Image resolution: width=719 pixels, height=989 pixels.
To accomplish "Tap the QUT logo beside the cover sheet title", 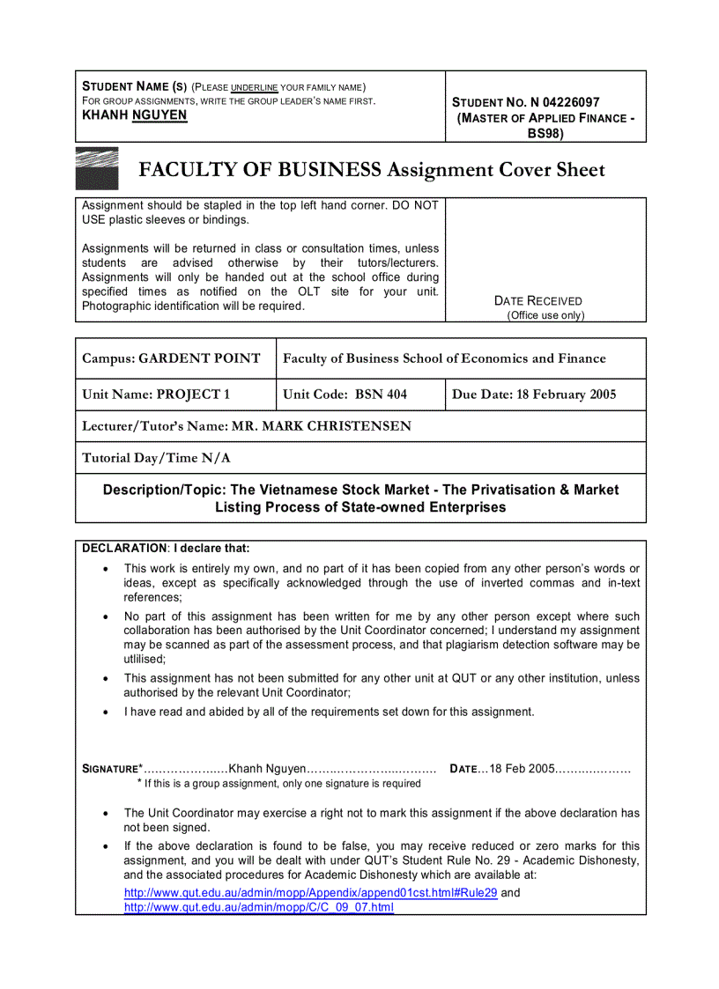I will pos(97,168).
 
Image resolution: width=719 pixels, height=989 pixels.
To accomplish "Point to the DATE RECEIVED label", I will pos(538,300).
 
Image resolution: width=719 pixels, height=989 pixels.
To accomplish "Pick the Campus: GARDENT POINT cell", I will pos(172,358).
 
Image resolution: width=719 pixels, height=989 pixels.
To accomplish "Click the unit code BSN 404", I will pos(381,395).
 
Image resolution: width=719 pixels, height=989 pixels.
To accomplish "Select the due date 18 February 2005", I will pos(564,395).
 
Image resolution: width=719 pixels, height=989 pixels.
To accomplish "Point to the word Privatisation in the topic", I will pos(500,490).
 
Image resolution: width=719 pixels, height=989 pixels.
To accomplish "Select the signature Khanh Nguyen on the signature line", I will pos(266,769).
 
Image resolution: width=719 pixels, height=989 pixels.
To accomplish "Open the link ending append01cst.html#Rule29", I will pos(310,892).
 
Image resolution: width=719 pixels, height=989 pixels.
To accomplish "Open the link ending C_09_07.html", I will pos(258,907).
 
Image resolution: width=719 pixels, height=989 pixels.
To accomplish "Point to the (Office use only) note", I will pos(545,315).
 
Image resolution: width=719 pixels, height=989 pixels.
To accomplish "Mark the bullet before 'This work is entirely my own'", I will pos(106,570).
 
